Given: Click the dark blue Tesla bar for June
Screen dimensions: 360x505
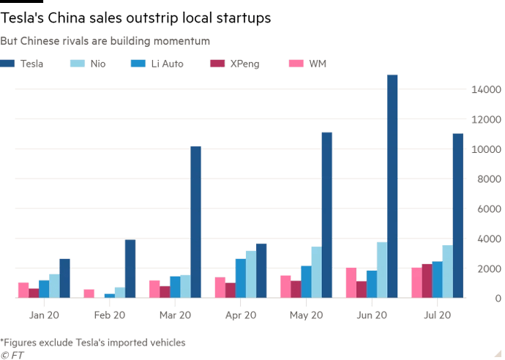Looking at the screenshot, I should pos(392,186).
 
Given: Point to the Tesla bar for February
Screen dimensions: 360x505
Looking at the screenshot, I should pos(130,269).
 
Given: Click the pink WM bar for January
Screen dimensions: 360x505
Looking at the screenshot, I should pos(23,290).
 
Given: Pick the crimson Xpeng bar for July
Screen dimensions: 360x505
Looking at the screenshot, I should pos(427,280).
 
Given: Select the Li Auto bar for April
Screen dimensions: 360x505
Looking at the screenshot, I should pos(240,278).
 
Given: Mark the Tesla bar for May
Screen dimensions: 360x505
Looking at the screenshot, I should pos(326,215).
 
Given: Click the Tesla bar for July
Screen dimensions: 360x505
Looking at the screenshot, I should pos(457,215).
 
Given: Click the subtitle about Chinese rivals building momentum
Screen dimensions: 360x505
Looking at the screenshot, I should pos(106,42).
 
